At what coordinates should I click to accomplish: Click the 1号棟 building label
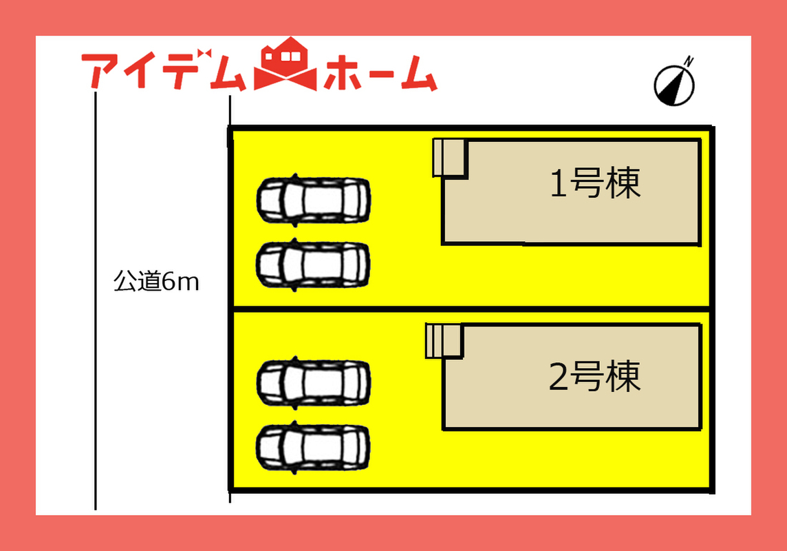[x=595, y=183]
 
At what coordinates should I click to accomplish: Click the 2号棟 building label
[x=595, y=376]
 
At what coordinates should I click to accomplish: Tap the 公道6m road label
[x=156, y=281]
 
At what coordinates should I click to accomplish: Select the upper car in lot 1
[x=314, y=200]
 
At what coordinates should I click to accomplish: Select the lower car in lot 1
[x=314, y=264]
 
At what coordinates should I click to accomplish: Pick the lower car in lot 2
[x=314, y=448]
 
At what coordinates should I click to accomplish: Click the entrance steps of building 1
[x=450, y=158]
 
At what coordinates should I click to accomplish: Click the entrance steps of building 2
[x=443, y=341]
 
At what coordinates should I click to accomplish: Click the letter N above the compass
[x=689, y=61]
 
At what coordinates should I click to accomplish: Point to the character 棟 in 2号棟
[x=623, y=376]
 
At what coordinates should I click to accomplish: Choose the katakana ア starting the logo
[x=100, y=70]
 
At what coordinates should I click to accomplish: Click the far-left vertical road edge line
[x=96, y=300]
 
